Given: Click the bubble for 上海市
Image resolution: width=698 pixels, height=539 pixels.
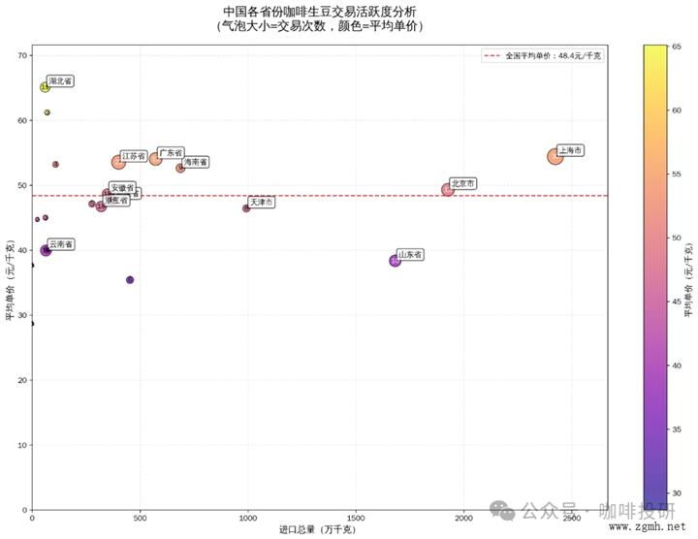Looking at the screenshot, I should (555, 156).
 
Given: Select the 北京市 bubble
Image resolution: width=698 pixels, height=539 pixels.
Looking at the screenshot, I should (448, 189).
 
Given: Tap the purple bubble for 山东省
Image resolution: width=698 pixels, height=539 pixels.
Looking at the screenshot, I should (395, 261).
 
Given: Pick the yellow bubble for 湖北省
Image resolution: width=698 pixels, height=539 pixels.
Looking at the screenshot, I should (45, 87).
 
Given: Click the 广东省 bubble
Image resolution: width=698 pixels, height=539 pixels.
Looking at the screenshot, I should (155, 158).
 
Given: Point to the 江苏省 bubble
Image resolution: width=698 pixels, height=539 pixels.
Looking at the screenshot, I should (118, 162).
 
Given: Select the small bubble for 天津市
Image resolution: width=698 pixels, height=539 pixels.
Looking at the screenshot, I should (246, 208).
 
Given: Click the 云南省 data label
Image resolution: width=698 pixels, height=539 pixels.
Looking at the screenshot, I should (61, 244).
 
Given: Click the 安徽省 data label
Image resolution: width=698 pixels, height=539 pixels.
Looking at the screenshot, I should (122, 187).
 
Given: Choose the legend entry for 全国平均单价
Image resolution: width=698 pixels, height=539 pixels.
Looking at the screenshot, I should (542, 57).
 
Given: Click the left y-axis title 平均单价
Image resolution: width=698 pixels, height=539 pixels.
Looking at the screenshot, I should (10, 281).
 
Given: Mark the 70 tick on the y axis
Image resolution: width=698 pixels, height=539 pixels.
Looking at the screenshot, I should (23, 55).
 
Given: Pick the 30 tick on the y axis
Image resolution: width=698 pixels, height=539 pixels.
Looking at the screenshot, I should (23, 315).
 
